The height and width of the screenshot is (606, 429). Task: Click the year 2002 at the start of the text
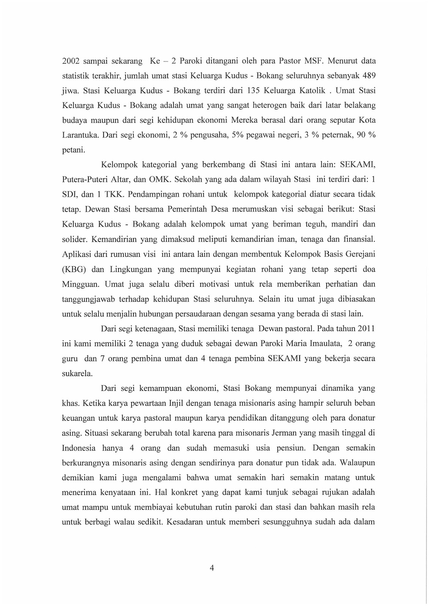click(71, 61)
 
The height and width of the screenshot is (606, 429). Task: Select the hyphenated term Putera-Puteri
click(85, 180)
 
